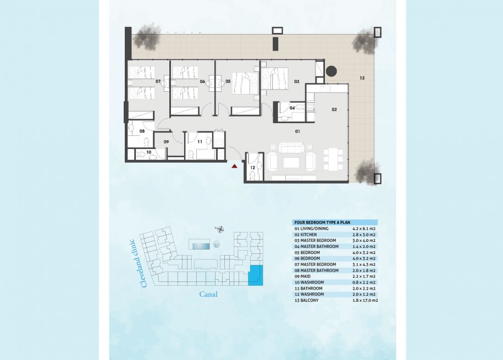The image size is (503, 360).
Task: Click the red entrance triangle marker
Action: click(x=235, y=166)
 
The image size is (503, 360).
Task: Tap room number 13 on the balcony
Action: click(x=362, y=78)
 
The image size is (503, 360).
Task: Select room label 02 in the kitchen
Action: click(x=334, y=109)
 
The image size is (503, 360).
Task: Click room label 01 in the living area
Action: click(x=297, y=131)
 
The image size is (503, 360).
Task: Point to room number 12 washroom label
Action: click(x=252, y=168)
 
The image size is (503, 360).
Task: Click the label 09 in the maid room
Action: click(x=166, y=142)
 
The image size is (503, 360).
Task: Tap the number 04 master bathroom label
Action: click(x=292, y=108)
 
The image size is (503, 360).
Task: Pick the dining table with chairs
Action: click(x=333, y=159)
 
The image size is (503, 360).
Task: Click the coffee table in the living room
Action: click(x=291, y=162)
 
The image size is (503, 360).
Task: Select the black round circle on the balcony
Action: click(x=331, y=71)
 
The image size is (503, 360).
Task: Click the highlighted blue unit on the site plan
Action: click(x=256, y=275)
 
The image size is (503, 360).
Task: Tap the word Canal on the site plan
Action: click(x=208, y=294)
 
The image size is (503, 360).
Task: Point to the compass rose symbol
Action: click(x=220, y=229)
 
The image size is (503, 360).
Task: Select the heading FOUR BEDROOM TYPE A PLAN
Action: click(x=322, y=223)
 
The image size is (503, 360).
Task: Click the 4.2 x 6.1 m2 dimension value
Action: click(x=364, y=229)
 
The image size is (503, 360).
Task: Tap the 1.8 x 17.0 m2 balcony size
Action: click(x=365, y=300)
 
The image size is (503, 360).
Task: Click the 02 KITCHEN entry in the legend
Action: click(x=306, y=235)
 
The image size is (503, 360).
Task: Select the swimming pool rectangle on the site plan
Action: click(x=199, y=245)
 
